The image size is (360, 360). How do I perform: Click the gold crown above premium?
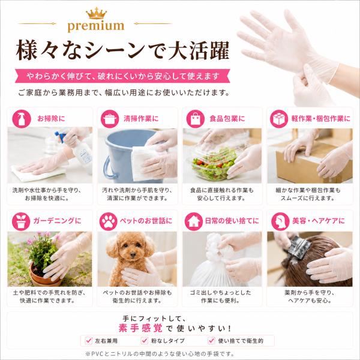[97, 13]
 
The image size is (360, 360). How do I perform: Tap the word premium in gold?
[96, 26]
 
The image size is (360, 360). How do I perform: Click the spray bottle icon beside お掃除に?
[22, 119]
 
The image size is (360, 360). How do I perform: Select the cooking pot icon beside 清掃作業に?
[110, 119]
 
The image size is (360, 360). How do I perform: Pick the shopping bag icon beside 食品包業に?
[196, 119]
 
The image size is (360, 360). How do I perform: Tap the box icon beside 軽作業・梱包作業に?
[279, 119]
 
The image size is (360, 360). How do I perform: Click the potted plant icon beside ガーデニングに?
[21, 221]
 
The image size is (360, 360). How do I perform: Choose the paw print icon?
[109, 221]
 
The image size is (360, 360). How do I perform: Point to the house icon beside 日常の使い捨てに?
[194, 221]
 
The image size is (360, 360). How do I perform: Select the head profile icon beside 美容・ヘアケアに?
[280, 221]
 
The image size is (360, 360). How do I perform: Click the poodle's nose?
[133, 254]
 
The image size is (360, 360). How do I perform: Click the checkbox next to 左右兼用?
[89, 340]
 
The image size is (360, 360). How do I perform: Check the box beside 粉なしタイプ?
[145, 340]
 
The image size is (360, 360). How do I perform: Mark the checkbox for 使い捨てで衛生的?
[211, 340]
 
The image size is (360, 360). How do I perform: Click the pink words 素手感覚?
[140, 328]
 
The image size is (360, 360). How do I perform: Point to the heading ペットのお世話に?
[146, 221]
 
